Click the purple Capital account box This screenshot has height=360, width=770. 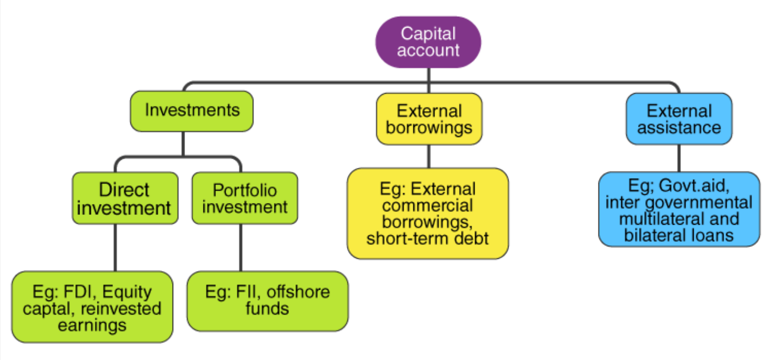(x=428, y=42)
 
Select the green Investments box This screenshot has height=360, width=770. (x=192, y=110)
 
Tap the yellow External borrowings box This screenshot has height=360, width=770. (x=429, y=119)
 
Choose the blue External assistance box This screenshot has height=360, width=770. (x=679, y=119)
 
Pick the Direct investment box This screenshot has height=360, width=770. (x=124, y=198)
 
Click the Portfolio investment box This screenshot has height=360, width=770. (x=245, y=198)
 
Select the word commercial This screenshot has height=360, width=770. (x=427, y=206)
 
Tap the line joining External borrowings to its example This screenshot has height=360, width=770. (x=429, y=156)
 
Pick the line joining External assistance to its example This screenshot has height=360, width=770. (x=679, y=158)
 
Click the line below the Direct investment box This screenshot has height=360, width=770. (x=115, y=247)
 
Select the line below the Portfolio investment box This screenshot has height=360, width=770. (x=241, y=247)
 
